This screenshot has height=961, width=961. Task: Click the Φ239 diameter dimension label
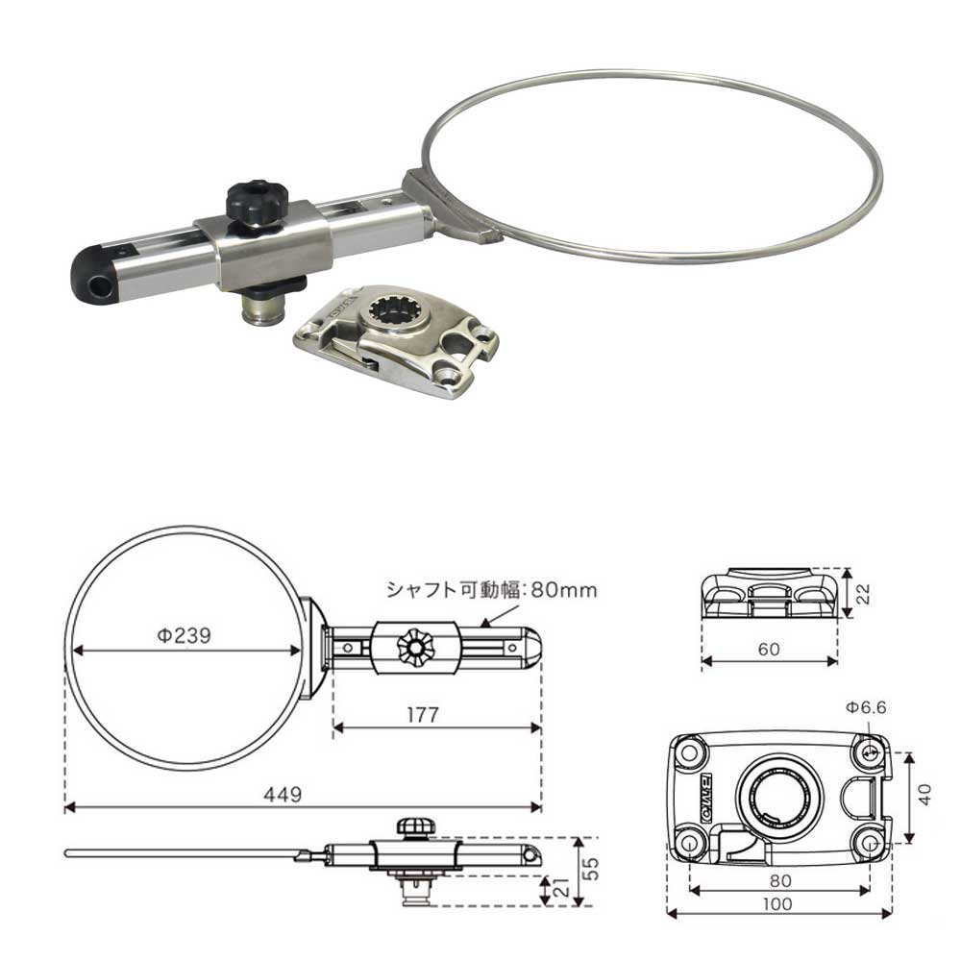pos(184,635)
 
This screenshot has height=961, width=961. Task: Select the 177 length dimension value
pos(423,715)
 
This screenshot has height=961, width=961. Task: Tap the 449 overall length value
pos(283,795)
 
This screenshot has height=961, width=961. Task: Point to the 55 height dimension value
pos(591,868)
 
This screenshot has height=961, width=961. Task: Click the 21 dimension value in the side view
pos(561,886)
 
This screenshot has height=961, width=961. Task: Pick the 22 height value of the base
pos(863,594)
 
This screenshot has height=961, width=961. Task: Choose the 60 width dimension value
pos(769,649)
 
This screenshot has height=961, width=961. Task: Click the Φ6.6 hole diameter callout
pos(866,708)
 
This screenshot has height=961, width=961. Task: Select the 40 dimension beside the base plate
pos(926,795)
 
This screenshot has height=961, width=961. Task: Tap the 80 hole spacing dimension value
pos(780,880)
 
